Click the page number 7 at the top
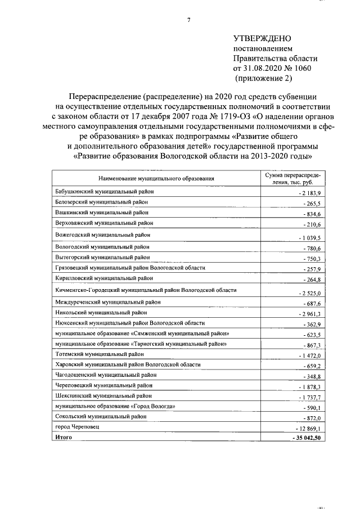coord(188,21)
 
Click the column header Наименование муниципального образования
coord(156,179)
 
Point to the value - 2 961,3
coord(307,313)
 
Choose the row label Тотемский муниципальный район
coord(100,354)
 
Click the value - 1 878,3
coord(307,387)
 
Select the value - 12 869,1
coord(305,429)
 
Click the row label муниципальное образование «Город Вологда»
coord(119,406)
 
